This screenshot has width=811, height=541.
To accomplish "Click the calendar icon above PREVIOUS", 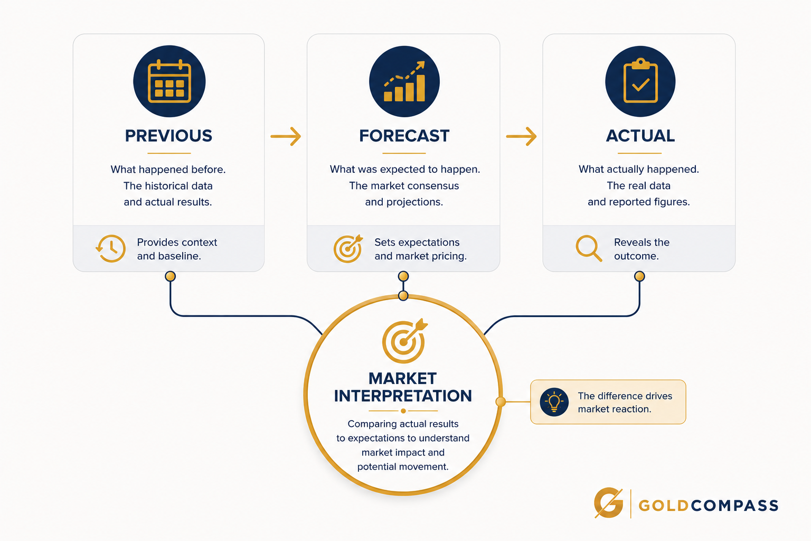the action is click(x=169, y=81).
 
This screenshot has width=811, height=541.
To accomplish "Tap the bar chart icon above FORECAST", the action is click(x=404, y=81).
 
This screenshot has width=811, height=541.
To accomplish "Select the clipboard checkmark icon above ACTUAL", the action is click(x=640, y=80).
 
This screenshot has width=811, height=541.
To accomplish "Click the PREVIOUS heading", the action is click(x=169, y=136).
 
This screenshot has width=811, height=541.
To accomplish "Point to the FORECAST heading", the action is click(x=404, y=136).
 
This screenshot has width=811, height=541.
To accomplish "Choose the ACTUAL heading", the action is click(x=640, y=136).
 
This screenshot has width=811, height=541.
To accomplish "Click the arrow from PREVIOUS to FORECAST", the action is click(x=286, y=136).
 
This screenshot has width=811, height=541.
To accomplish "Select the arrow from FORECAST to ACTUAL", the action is click(x=521, y=136).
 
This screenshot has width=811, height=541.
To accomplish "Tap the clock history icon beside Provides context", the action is click(x=111, y=249).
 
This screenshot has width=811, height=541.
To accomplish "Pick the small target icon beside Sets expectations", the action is click(x=348, y=249).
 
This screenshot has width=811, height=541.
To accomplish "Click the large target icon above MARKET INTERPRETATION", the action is click(x=404, y=341).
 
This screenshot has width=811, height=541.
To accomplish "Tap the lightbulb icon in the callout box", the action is click(x=554, y=402).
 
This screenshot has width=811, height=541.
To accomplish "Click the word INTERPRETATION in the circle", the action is click(x=403, y=396).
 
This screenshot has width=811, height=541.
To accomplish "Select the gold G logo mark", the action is click(x=609, y=503).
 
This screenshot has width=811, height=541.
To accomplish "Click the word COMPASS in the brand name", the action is click(x=734, y=506).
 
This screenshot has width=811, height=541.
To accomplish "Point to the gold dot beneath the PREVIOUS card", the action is click(x=170, y=276).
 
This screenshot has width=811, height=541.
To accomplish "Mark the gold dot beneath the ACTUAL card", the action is click(x=640, y=276).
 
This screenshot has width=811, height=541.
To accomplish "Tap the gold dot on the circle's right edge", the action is click(x=501, y=402).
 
